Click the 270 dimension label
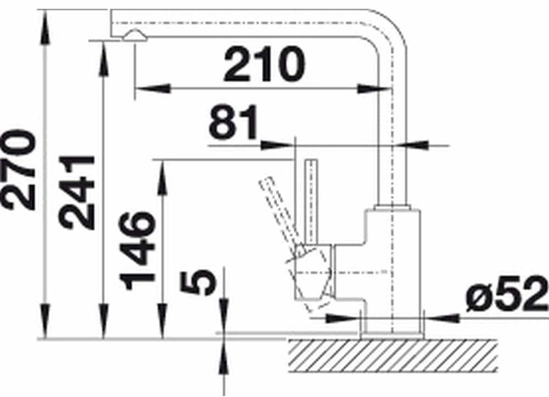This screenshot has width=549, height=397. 19,170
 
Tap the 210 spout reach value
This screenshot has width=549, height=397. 264,64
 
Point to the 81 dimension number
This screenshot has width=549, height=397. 233,122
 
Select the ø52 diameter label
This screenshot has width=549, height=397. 507,294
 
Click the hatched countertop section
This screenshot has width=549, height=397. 393,356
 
